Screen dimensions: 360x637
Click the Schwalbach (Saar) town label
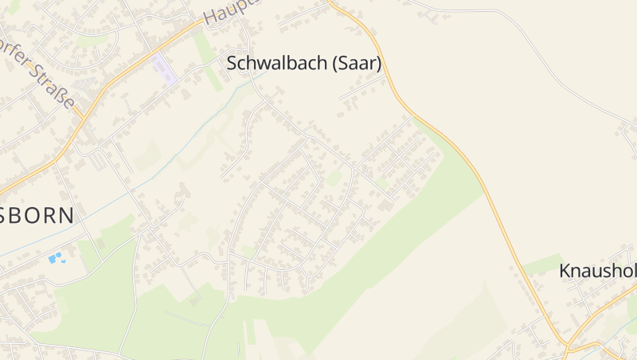pos(304,64)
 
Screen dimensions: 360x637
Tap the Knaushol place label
pos(597,271)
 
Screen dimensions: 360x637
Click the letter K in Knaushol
pos(565,271)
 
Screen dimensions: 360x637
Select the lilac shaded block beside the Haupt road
pos(163,68)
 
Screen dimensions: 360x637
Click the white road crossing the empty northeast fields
pos(541,56)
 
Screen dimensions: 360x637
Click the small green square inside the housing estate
pos(335,178)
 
